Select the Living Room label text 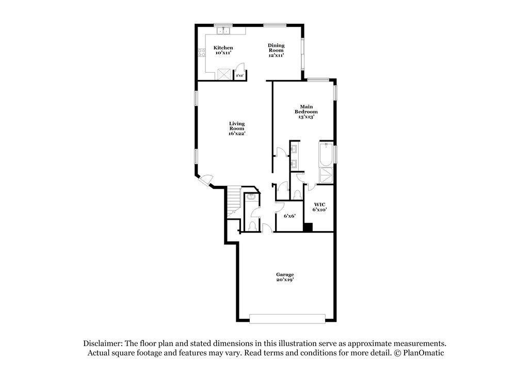(237, 128)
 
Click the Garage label (285, 277)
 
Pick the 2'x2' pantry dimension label (239, 76)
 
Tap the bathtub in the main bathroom (326, 154)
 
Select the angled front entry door (206, 180)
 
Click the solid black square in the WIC (308, 226)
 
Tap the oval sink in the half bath (251, 197)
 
